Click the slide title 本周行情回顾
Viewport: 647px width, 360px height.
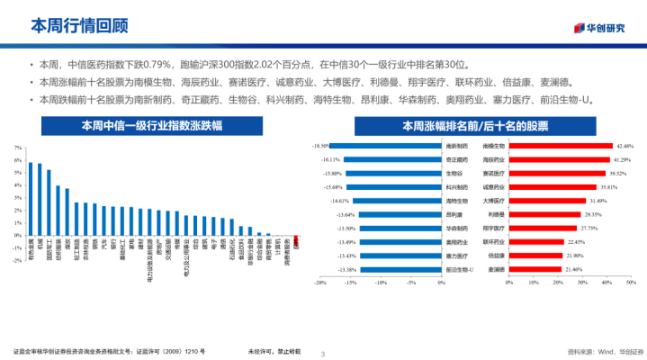(x=71, y=24)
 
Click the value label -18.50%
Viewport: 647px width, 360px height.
(x=319, y=145)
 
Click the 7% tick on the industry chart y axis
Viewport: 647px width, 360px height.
(x=18, y=147)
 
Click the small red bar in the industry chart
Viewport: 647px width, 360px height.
(x=296, y=240)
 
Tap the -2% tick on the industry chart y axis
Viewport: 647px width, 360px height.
(x=18, y=259)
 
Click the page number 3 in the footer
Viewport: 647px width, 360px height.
(x=323, y=351)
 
